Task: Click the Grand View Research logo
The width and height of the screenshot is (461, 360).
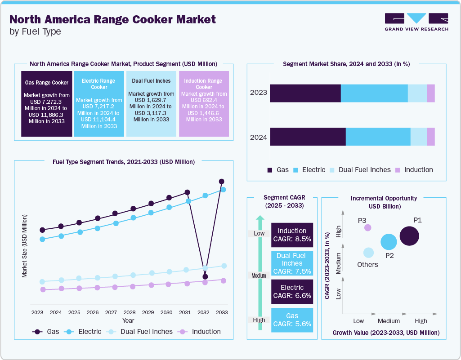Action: pyautogui.click(x=416, y=22)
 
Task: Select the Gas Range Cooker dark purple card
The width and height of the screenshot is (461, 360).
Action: pyautogui.click(x=47, y=103)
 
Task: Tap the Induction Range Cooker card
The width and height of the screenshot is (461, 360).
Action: pyautogui.click(x=204, y=103)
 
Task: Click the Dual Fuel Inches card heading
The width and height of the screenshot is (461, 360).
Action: pyautogui.click(x=151, y=81)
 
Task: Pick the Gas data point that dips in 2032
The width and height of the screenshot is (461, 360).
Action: pyautogui.click(x=205, y=276)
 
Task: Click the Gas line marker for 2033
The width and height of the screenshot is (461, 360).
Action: pyautogui.click(x=221, y=182)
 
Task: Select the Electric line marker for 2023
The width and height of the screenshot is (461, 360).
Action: pyautogui.click(x=42, y=239)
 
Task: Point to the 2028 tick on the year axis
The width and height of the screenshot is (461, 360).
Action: pyautogui.click(x=130, y=312)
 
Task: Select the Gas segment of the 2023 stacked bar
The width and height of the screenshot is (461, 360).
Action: pyautogui.click(x=305, y=93)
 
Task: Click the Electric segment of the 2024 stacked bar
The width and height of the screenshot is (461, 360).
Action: pyautogui.click(x=378, y=137)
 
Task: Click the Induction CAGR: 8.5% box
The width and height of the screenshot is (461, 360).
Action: pyautogui.click(x=292, y=235)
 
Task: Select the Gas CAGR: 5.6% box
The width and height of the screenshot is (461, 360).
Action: pyautogui.click(x=292, y=320)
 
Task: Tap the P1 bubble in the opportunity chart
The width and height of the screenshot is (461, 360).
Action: pyautogui.click(x=409, y=236)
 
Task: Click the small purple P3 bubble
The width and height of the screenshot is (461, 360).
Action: pyautogui.click(x=367, y=227)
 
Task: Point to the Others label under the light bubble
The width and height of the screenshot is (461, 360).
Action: pyautogui.click(x=367, y=264)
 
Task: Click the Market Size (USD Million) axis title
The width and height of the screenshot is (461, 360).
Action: pyautogui.click(x=25, y=245)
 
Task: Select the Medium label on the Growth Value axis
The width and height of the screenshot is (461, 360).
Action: pyautogui.click(x=389, y=321)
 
